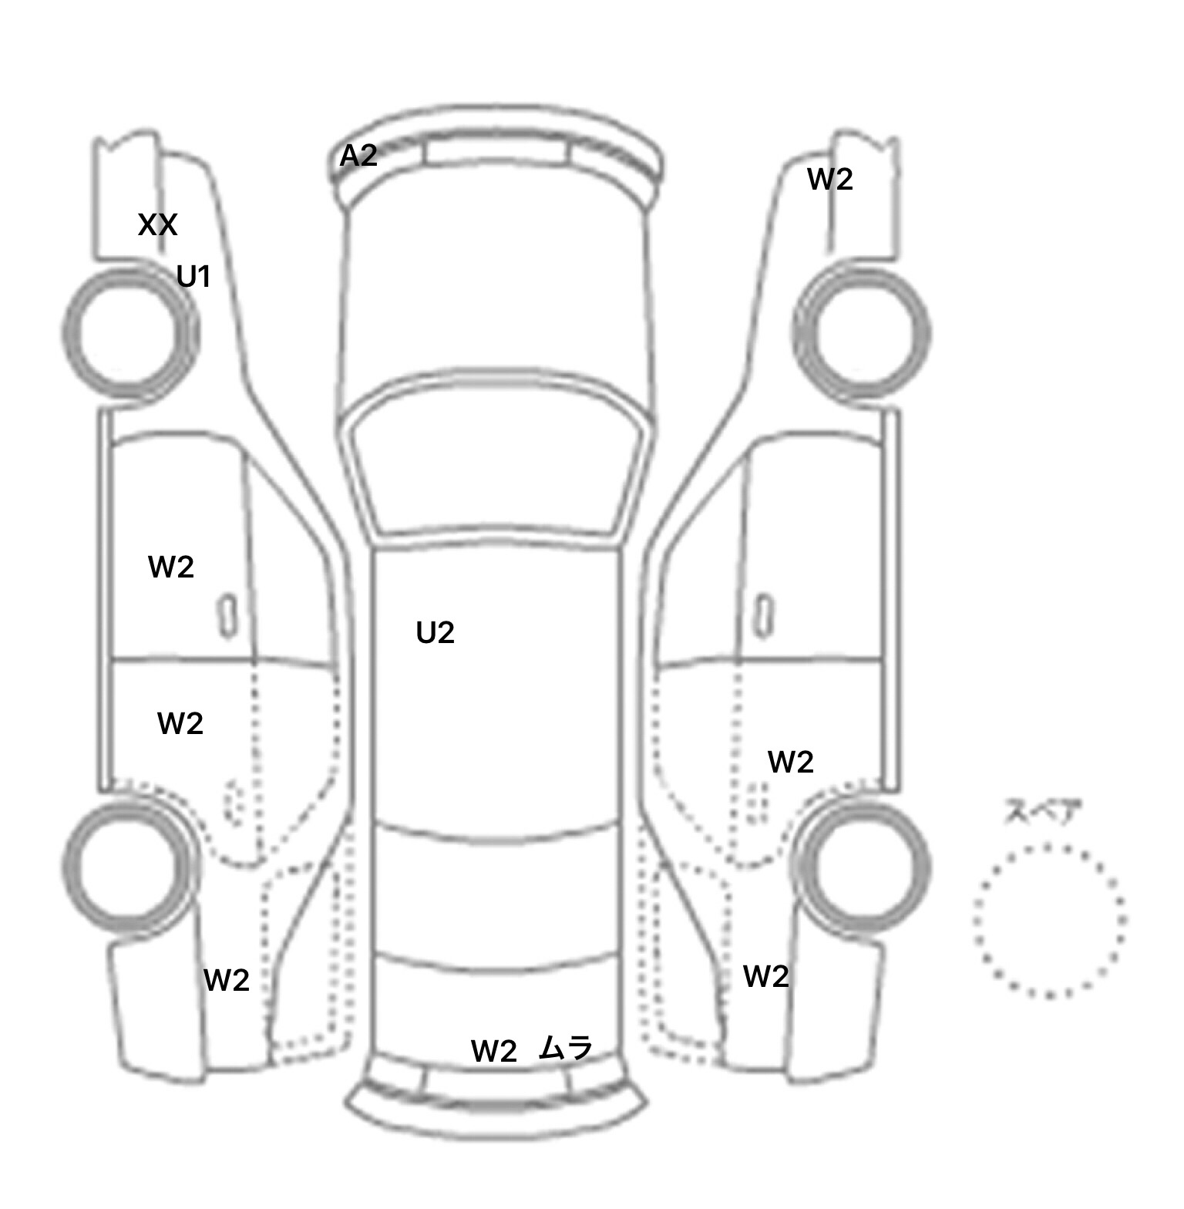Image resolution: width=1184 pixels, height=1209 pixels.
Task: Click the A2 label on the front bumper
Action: tap(358, 157)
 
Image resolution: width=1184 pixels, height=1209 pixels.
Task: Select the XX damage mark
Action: tap(158, 225)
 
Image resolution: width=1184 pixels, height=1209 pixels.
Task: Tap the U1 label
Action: tap(193, 276)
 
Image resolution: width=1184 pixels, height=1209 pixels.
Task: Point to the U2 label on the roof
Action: tap(436, 633)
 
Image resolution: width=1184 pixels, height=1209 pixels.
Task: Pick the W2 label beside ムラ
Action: tap(493, 1051)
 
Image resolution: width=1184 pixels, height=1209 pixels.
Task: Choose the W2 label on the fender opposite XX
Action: tap(830, 180)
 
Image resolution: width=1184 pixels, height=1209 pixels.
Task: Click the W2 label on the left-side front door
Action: tap(170, 567)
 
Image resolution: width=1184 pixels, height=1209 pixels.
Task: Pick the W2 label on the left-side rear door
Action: tap(180, 724)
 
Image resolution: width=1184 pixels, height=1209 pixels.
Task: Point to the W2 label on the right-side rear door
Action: tap(791, 763)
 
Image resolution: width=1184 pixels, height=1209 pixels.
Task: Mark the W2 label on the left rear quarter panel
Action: tap(227, 981)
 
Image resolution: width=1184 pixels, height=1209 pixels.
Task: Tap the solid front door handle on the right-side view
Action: tap(764, 617)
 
